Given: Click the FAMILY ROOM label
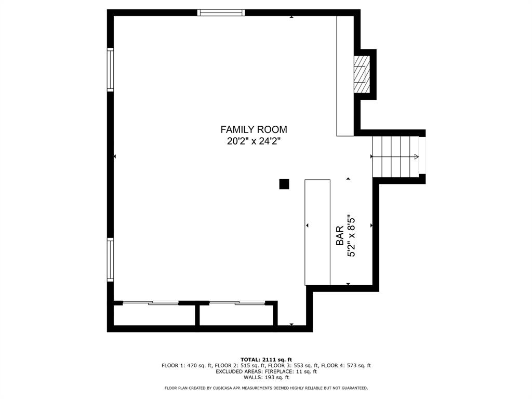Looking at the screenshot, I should point(254,130).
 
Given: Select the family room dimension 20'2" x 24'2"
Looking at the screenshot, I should point(254,141).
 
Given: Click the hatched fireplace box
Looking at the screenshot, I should point(362,74).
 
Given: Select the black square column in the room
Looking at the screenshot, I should point(284,184).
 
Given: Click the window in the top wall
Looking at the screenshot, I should point(221,12).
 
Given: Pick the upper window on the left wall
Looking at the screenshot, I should point(110,70).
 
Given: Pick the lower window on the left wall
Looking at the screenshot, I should point(110,259).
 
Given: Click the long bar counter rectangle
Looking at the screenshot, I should point(317,232).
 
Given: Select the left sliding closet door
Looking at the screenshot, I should point(151,302).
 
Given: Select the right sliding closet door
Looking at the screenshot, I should point(237,302).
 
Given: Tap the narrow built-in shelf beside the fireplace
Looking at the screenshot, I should point(345,76).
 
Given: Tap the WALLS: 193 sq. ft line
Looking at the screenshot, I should point(266,377).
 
